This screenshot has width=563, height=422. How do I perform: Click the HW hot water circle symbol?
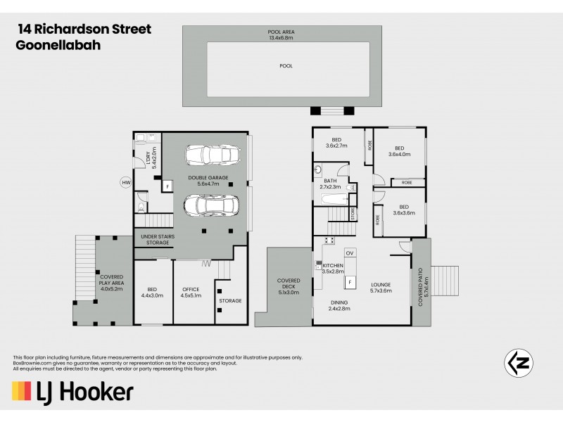[126, 183]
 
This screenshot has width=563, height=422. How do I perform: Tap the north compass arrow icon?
[519, 362]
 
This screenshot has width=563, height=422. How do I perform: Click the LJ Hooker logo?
[72, 391]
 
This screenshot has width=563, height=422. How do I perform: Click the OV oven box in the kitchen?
[350, 252]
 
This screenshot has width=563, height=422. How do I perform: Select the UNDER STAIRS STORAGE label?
[157, 240]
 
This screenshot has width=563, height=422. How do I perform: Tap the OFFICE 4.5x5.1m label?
[191, 293]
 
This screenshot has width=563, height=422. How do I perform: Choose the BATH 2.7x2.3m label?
[329, 184]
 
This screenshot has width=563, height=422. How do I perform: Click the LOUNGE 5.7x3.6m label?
[381, 288]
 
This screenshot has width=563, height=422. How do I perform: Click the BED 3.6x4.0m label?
[398, 151]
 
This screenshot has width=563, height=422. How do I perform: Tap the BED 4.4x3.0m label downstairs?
[152, 293]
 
